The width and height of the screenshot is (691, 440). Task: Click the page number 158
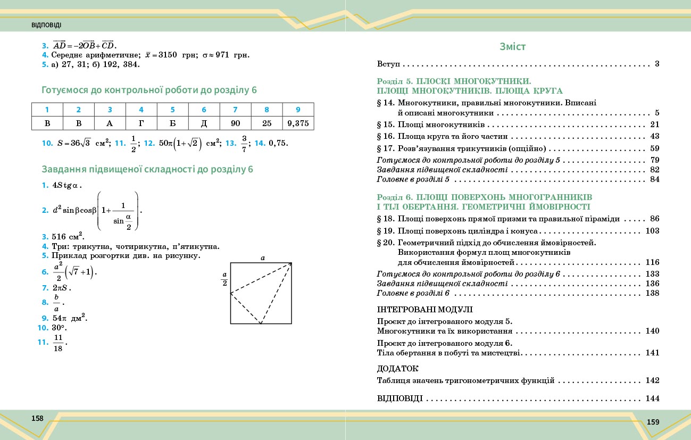(x=37, y=418)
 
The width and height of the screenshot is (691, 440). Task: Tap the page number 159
(x=653, y=422)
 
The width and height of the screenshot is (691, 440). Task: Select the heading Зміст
(x=513, y=46)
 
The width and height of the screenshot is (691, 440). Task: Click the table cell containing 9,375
(x=298, y=123)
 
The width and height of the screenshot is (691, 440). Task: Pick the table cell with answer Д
(x=204, y=123)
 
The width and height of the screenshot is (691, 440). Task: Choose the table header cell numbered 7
(x=235, y=110)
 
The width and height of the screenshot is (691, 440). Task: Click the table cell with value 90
(x=235, y=123)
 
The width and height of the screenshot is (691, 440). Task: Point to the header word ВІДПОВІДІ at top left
(x=47, y=26)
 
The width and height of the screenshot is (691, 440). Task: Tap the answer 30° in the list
(x=59, y=328)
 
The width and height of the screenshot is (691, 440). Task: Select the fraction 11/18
(x=58, y=343)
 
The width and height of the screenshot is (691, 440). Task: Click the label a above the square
(x=262, y=258)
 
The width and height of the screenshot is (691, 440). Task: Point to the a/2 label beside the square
(x=224, y=278)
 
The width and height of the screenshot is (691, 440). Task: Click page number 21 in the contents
(x=655, y=124)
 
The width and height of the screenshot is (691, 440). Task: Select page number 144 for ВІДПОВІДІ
(x=652, y=399)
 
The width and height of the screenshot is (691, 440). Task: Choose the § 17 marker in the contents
(x=385, y=148)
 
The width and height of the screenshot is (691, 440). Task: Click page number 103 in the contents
(x=652, y=231)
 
